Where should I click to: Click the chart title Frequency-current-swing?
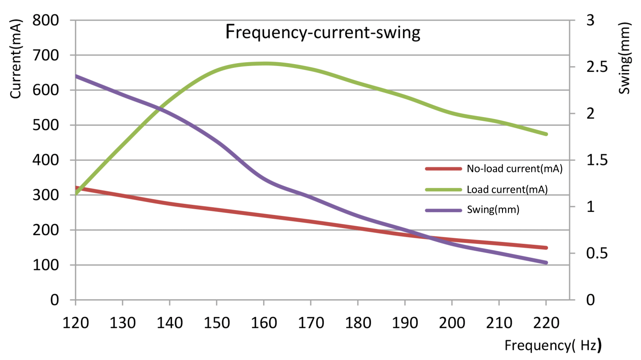coord(323,33)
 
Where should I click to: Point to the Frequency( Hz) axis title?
coord(553,345)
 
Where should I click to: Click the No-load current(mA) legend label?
coord(515,169)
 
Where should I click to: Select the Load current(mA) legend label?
coord(507,190)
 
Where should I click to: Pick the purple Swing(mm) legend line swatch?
coord(443,210)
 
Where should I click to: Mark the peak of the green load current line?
coord(264,64)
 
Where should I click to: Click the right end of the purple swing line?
coord(546,263)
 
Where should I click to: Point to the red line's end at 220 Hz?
coord(546,248)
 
